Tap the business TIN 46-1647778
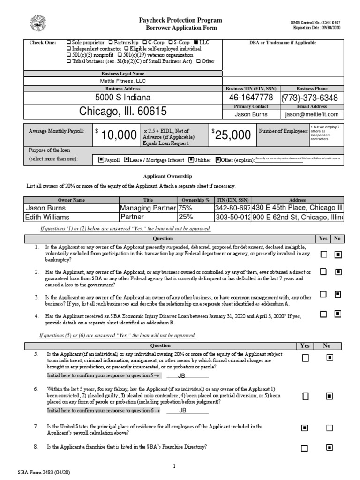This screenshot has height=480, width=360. point(250,97)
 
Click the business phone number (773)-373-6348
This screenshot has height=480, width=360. point(309,97)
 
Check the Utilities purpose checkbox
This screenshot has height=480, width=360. point(191,159)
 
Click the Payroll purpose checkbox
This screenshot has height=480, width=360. point(101,159)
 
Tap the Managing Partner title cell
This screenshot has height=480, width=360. point(148,208)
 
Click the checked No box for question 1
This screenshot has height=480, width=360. point(337,255)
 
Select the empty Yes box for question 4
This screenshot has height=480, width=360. point(323,314)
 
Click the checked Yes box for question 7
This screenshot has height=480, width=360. point(305,428)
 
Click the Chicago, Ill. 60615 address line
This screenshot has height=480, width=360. point(123,112)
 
